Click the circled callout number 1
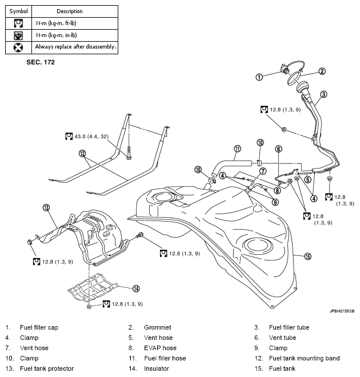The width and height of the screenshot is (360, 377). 259,77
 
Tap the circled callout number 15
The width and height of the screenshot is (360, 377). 308,256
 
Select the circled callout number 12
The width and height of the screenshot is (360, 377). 82,153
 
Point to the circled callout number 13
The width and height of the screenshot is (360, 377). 46,207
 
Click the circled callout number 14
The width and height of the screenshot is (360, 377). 136,288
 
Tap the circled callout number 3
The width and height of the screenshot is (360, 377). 323,94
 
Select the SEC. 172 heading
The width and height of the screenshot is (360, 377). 40,61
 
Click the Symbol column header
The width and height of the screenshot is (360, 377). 18,11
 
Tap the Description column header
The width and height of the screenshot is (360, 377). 70,11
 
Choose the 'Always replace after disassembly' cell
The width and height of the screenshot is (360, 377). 75,47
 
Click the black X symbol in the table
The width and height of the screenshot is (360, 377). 18,47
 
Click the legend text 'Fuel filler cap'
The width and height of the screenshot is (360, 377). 39,327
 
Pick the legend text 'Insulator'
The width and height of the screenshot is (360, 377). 157,368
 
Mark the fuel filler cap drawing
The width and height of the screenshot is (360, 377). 282,73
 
